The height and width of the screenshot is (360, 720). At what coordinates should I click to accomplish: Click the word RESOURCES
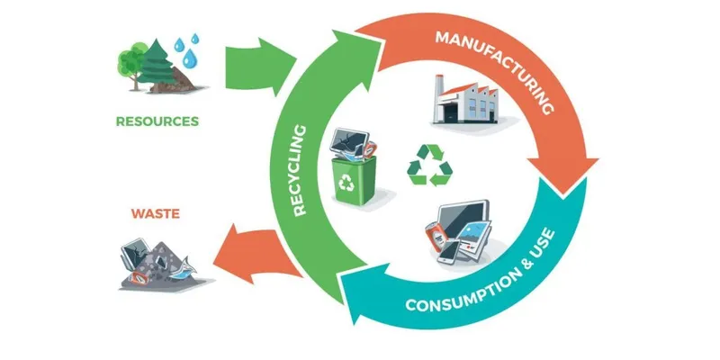click(157, 120)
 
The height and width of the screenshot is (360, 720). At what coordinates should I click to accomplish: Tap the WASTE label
click(156, 214)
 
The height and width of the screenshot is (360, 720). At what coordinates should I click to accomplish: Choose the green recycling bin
click(346, 180)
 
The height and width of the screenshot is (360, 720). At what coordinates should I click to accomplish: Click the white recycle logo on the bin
click(346, 184)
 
